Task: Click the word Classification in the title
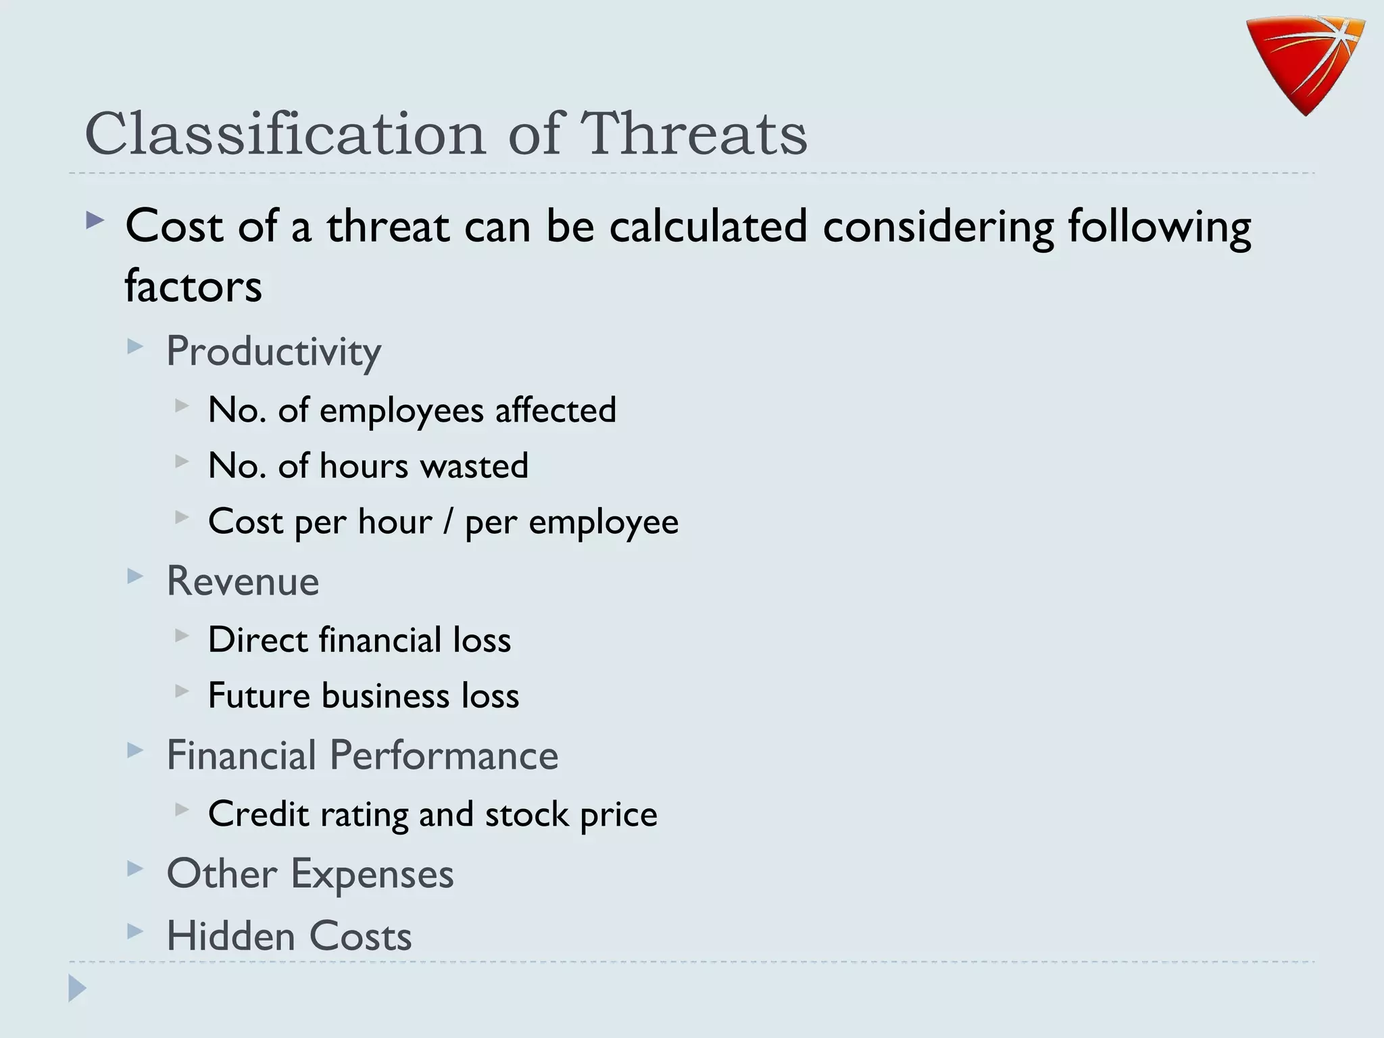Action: [285, 134]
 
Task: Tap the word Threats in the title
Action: [693, 134]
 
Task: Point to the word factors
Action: [193, 287]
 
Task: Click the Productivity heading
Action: [274, 351]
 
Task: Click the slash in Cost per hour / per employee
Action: [448, 522]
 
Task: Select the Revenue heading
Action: [243, 581]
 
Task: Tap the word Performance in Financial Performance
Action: [444, 756]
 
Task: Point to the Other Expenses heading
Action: [310, 874]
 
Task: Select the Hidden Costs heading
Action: [289, 937]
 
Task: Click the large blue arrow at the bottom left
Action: [78, 988]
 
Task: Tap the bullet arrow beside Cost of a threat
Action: [95, 220]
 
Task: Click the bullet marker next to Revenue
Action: [135, 576]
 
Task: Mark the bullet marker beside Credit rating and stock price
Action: [181, 809]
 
